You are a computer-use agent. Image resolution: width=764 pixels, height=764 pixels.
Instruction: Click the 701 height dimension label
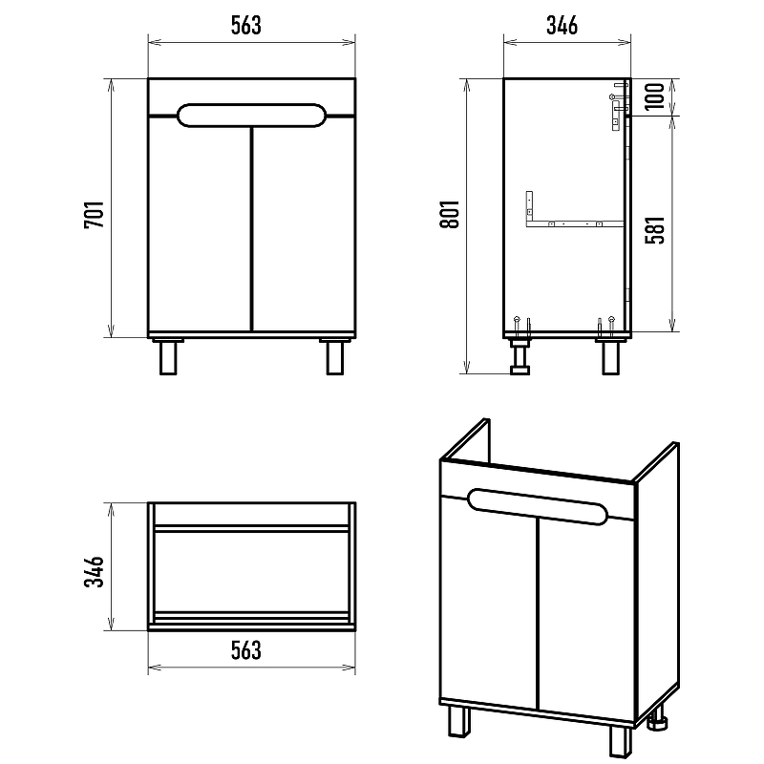pos(94,214)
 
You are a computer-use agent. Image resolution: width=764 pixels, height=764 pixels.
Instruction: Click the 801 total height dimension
pos(449,214)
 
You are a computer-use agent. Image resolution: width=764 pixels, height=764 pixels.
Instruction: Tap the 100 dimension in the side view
pos(656,96)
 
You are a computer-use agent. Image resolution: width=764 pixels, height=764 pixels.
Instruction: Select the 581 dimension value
pos(656,230)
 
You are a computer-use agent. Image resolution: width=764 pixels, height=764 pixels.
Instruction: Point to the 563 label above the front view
pos(246,26)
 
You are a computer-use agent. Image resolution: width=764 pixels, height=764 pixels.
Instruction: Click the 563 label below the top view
pos(246,650)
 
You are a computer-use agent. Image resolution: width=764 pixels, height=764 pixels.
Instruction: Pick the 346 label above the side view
pos(562,26)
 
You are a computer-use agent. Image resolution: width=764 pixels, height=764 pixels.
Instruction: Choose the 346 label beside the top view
pos(94,571)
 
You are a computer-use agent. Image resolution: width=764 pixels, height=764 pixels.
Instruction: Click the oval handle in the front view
pos(251,116)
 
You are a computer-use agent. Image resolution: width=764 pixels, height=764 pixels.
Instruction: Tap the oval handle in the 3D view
pos(538,507)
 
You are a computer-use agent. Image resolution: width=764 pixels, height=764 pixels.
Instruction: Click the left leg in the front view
pos(168,356)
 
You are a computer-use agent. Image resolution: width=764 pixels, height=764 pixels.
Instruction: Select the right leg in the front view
pos(335,356)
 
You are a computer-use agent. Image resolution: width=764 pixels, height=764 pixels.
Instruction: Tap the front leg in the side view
pos(610,356)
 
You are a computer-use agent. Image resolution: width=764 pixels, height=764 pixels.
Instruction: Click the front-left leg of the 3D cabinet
pos(459,720)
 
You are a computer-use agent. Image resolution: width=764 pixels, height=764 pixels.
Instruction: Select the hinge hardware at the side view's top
pos(618,106)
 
